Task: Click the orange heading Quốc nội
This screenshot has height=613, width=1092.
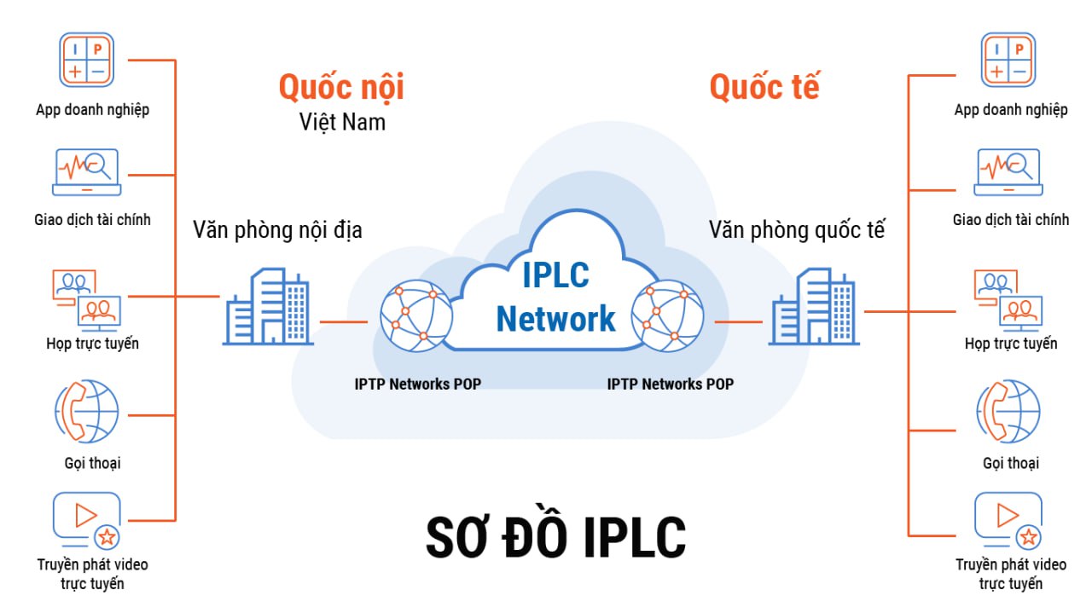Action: point(341,88)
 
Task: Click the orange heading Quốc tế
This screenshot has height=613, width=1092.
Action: point(764,88)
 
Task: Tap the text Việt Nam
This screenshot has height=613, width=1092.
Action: point(342,122)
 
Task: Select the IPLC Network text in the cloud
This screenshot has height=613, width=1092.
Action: point(555,298)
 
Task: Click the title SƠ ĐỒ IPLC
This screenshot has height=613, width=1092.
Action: point(555,537)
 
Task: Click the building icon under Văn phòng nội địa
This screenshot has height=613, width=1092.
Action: point(266,307)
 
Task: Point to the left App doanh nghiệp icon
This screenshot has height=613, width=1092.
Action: point(87,60)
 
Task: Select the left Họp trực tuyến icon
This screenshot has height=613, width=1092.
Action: point(87,299)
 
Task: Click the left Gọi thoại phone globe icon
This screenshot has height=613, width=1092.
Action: point(87,413)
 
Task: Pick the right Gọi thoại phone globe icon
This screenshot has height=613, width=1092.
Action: point(1008,413)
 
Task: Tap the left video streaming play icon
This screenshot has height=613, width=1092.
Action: point(86,519)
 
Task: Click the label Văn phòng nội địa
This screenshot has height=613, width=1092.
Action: point(277,229)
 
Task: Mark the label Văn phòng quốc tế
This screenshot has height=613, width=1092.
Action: point(797,229)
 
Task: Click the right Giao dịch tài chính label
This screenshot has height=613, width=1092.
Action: point(1010,220)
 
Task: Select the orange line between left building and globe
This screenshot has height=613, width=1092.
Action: point(344,322)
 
